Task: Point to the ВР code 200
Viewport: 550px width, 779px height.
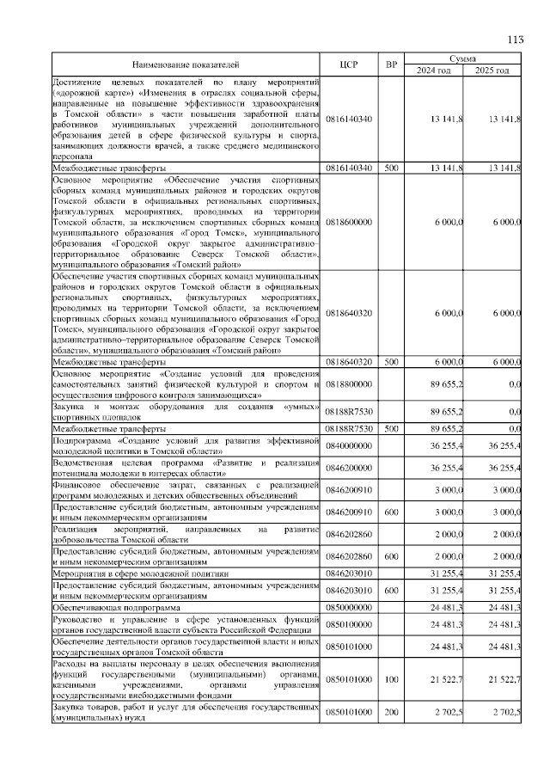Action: (391, 713)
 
